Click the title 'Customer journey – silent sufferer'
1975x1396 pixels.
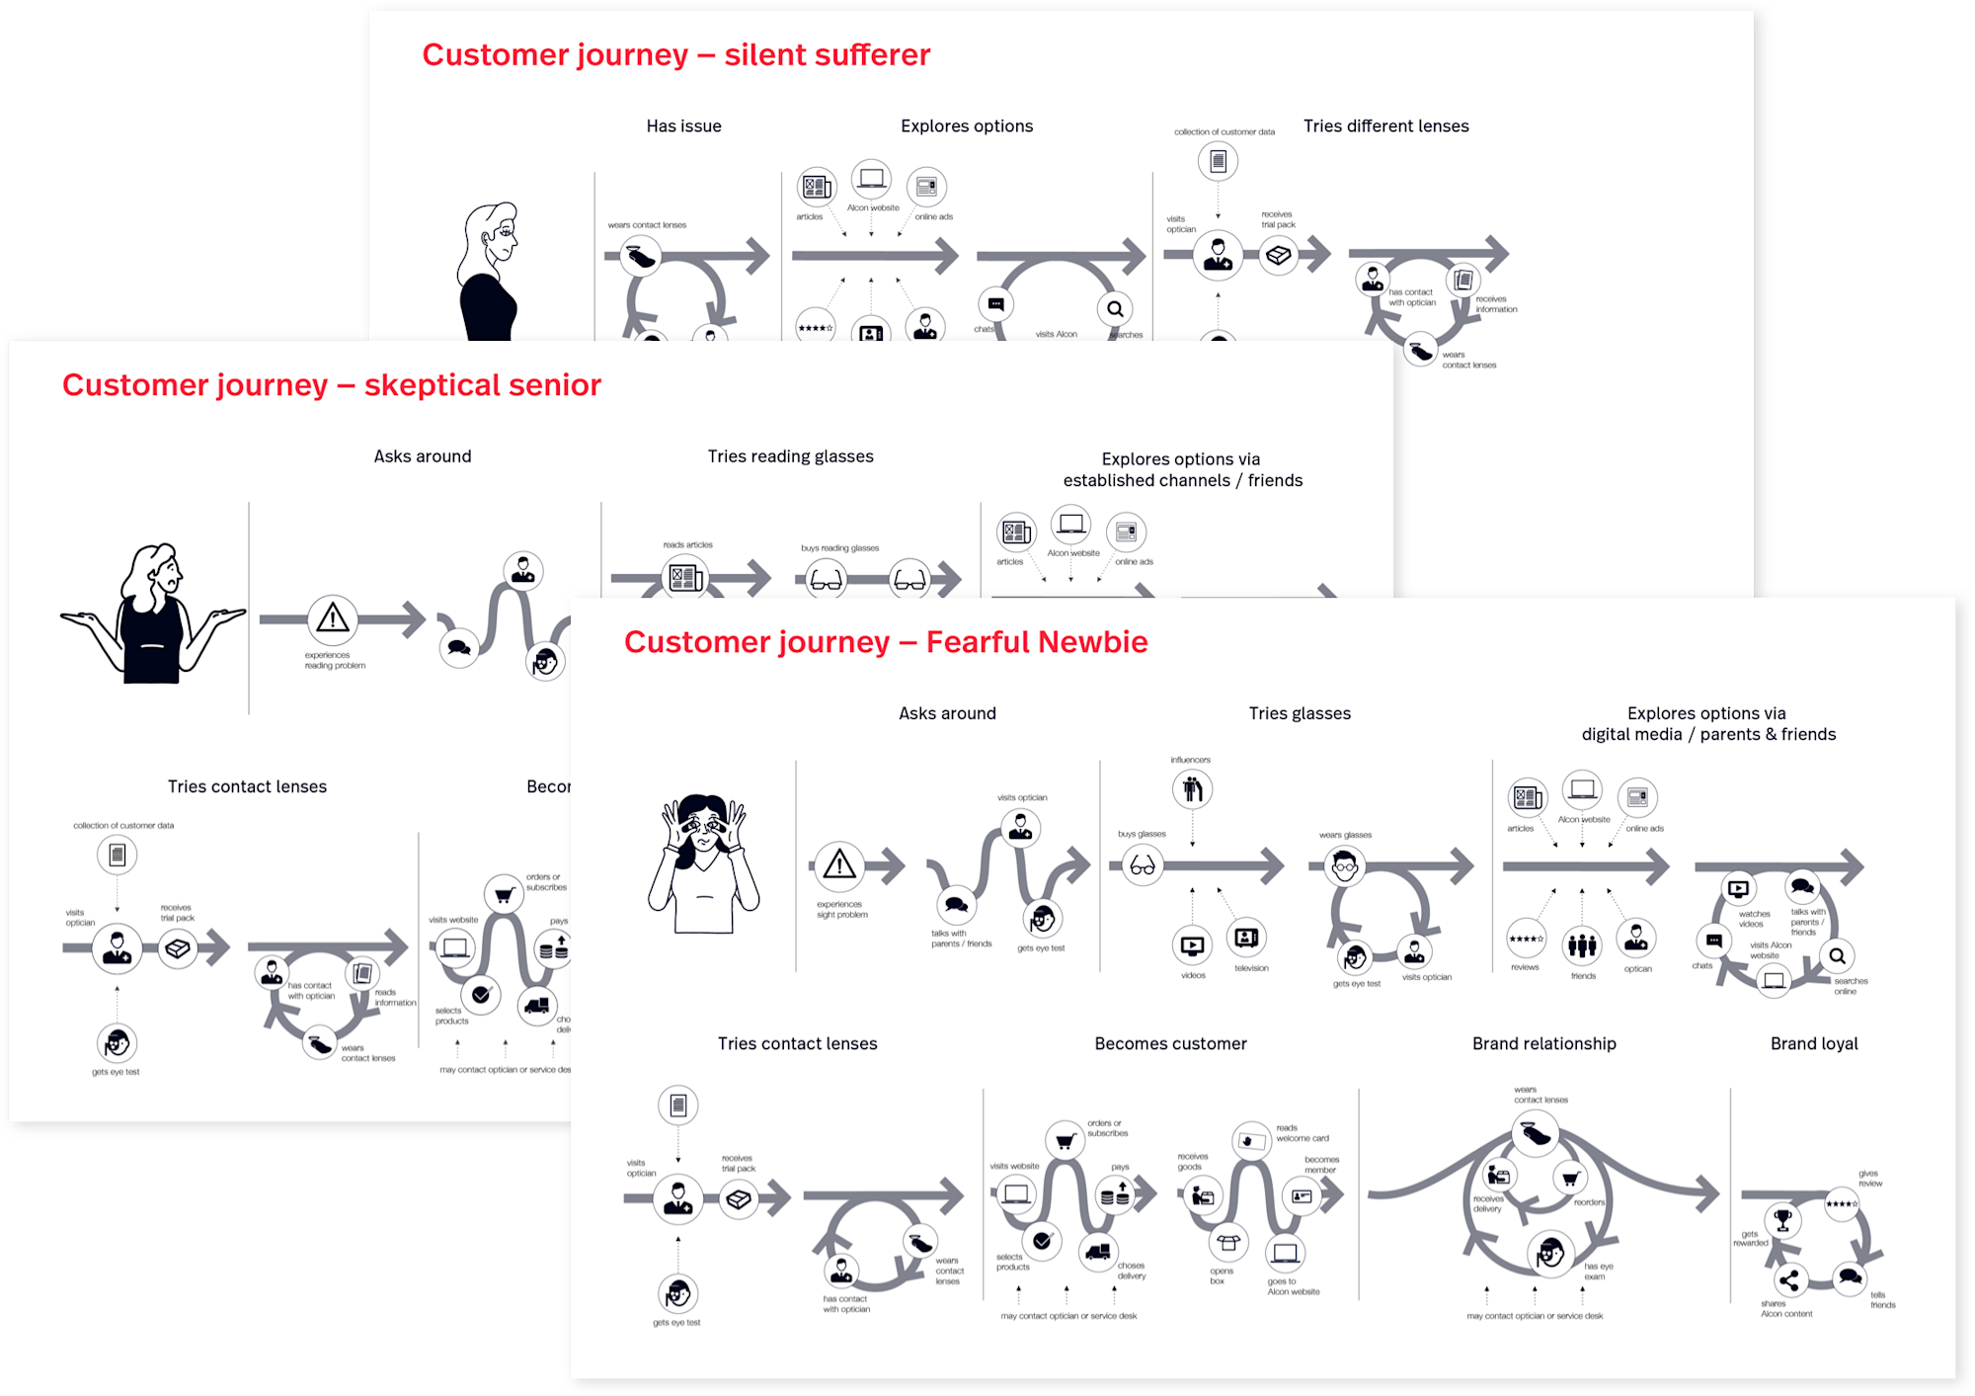(x=675, y=55)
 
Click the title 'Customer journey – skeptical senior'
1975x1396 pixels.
(x=332, y=385)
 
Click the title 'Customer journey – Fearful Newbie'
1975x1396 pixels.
(x=886, y=642)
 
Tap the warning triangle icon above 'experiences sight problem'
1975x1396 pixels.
(x=839, y=865)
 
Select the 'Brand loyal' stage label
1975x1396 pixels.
(x=1813, y=1044)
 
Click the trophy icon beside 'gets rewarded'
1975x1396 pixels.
(x=1782, y=1220)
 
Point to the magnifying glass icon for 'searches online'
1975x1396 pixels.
(x=1837, y=955)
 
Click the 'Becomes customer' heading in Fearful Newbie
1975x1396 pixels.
(x=1170, y=1044)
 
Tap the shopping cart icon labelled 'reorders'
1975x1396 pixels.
(x=1570, y=1178)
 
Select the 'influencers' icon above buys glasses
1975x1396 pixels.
(x=1192, y=788)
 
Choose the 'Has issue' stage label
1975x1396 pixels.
(x=683, y=126)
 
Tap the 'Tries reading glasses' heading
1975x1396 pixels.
(x=790, y=456)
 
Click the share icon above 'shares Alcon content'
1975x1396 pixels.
(x=1788, y=1281)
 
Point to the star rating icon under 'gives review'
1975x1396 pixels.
(x=1842, y=1204)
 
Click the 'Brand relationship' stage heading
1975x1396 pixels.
(x=1543, y=1044)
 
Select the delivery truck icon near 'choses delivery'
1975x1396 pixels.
(x=1097, y=1253)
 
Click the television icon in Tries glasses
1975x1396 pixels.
(x=1246, y=937)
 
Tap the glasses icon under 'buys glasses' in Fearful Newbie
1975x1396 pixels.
(x=1143, y=866)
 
